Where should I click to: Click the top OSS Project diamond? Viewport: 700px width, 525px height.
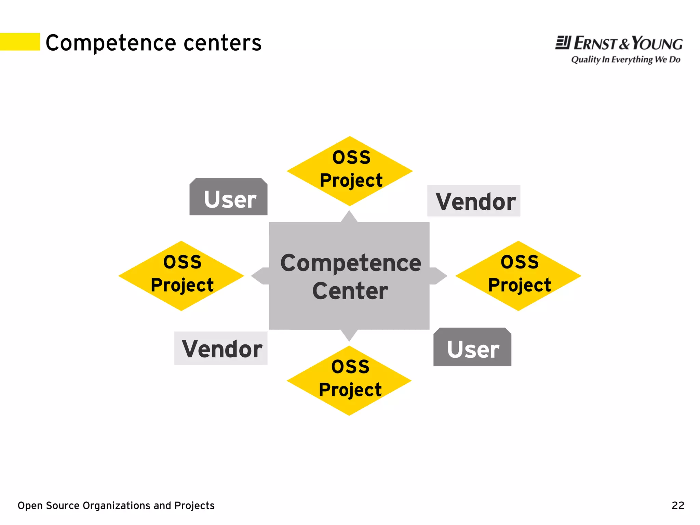click(x=350, y=171)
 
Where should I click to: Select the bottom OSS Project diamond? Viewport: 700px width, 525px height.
click(x=349, y=380)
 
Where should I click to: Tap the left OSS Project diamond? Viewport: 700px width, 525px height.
click(x=181, y=276)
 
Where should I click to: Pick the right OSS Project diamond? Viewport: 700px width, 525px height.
click(x=519, y=276)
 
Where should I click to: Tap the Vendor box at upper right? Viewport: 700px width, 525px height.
click(x=474, y=201)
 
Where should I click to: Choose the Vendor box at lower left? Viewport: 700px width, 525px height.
click(x=221, y=348)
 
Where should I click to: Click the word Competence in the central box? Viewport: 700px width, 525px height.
click(x=351, y=263)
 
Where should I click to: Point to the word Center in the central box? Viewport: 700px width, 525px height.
click(x=350, y=291)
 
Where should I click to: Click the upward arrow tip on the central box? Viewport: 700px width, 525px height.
click(x=349, y=216)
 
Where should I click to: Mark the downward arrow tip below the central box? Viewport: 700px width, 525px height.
click(x=349, y=336)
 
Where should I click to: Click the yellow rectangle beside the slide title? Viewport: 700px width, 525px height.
click(x=20, y=42)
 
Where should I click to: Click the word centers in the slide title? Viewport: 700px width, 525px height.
click(x=223, y=43)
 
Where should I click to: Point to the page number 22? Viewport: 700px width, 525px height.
click(x=678, y=505)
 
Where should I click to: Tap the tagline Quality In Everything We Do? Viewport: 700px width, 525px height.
click(x=625, y=60)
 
